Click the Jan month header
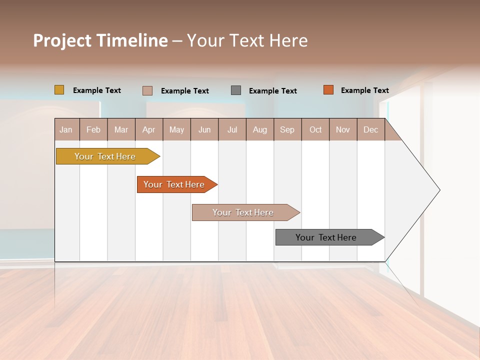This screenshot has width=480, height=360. pyautogui.click(x=66, y=129)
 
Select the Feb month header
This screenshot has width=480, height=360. pyautogui.click(x=93, y=129)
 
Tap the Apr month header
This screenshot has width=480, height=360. pyautogui.click(x=148, y=129)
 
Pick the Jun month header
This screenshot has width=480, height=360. pyautogui.click(x=204, y=129)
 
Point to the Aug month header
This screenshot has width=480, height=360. pyautogui.click(x=259, y=129)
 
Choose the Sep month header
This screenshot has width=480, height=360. pyautogui.click(x=287, y=129)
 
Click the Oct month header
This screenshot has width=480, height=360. pyautogui.click(x=315, y=129)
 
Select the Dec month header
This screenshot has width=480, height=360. pyautogui.click(x=370, y=129)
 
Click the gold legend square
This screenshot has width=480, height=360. pyautogui.click(x=59, y=90)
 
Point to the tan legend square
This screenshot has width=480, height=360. pyautogui.click(x=147, y=90)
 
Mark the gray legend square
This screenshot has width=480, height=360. pyautogui.click(x=236, y=90)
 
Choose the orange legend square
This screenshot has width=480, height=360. pyautogui.click(x=328, y=90)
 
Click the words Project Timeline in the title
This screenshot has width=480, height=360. pyautogui.click(x=100, y=40)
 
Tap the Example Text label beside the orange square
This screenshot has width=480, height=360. pyautogui.click(x=364, y=90)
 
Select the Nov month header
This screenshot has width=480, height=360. pyautogui.click(x=343, y=129)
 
